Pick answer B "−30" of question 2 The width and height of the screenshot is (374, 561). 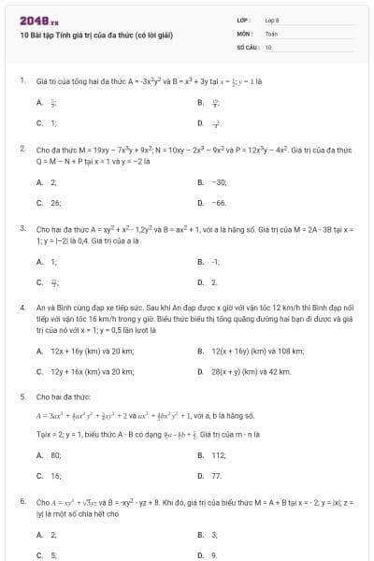coord(220,182)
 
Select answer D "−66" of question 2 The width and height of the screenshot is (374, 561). coord(220,202)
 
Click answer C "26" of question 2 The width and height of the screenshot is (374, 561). coord(55,202)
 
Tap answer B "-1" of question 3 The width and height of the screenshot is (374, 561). coord(216,262)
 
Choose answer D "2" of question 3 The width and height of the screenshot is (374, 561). coord(214,281)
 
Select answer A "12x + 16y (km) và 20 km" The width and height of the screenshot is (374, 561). coord(92,352)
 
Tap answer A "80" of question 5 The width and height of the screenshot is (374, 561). coord(55,455)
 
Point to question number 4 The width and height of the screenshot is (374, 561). coord(22,307)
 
